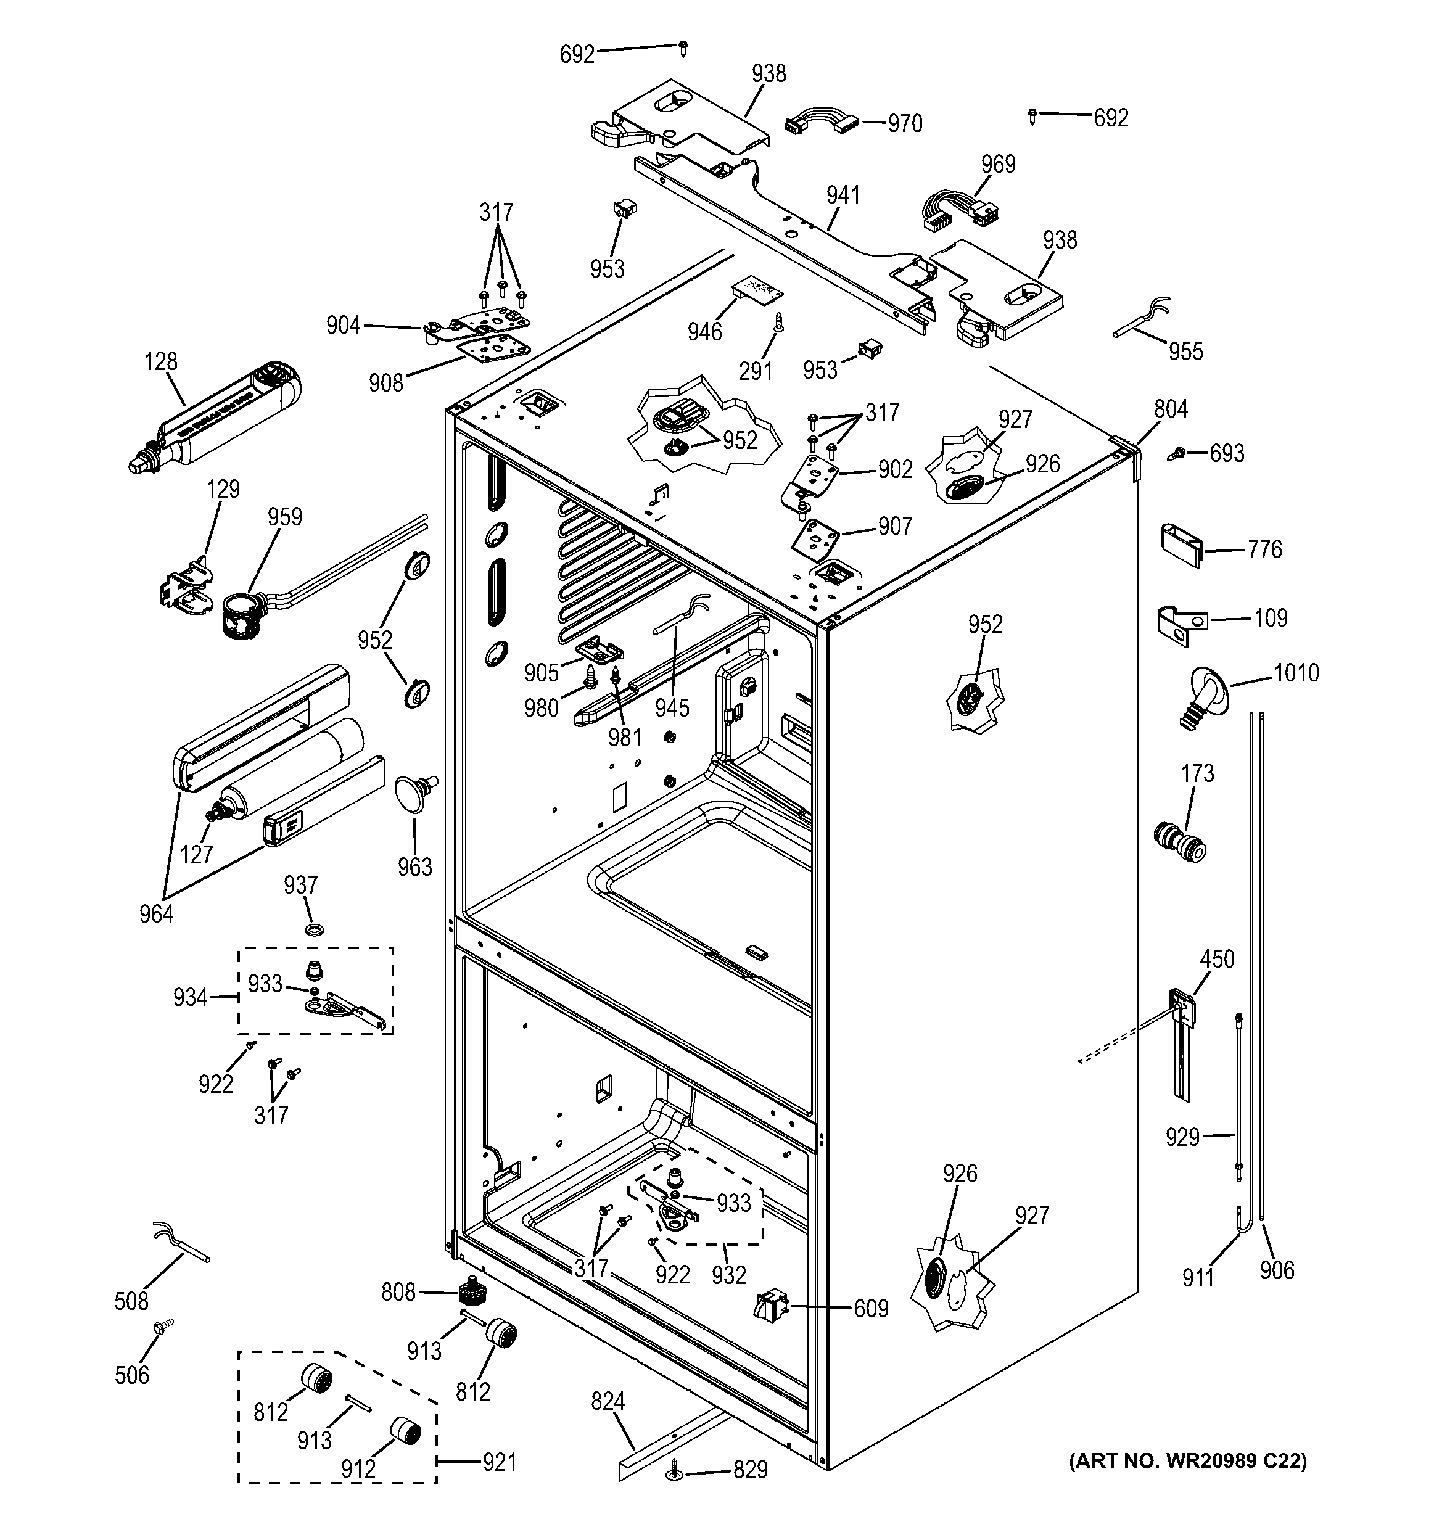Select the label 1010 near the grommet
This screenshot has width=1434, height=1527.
(1296, 673)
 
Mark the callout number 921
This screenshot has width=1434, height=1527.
(499, 1462)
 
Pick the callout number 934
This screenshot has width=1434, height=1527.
(190, 998)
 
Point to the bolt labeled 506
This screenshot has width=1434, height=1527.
(162, 1327)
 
